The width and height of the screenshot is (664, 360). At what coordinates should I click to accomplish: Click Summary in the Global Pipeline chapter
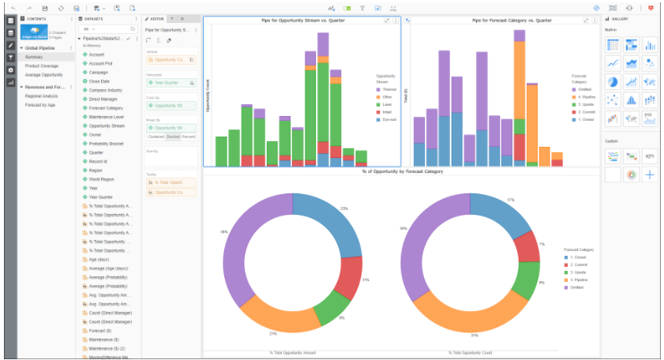[33, 57]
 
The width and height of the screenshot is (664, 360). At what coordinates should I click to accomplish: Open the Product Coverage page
[41, 66]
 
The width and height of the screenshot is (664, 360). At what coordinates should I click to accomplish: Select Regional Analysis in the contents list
[41, 96]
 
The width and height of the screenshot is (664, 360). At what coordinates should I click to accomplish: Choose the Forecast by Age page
[39, 104]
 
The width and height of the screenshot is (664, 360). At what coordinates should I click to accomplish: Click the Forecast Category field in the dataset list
[105, 108]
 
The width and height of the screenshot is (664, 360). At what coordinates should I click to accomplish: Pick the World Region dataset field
[102, 179]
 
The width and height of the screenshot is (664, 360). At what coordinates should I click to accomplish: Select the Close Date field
[99, 81]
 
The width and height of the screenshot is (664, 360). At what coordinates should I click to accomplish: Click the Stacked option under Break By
[172, 137]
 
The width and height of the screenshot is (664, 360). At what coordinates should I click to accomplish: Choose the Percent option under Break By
[188, 137]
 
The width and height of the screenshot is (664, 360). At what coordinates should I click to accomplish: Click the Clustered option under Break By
[156, 137]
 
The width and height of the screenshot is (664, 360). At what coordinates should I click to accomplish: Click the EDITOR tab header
[156, 17]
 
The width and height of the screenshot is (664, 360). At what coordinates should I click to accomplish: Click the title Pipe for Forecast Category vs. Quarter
[505, 20]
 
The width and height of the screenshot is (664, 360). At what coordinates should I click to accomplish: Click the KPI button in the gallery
[650, 156]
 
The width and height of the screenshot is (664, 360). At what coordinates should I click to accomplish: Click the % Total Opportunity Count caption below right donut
[471, 352]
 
